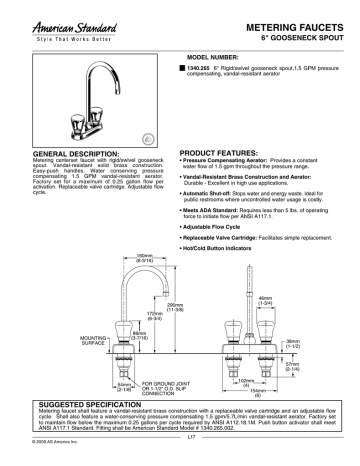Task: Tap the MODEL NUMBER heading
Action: pos(212,58)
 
